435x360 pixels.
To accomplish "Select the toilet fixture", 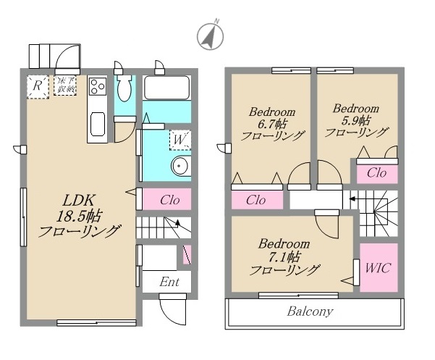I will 124,91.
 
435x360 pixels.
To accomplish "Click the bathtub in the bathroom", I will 166,89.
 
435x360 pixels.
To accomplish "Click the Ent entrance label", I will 169,282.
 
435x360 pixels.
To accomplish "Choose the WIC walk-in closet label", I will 378,267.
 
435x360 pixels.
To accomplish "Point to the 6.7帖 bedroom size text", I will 271,125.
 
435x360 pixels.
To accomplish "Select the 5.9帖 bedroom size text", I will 355,120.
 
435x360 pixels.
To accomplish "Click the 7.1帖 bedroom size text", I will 284,257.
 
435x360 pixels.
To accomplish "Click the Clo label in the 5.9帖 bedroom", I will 376,173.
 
